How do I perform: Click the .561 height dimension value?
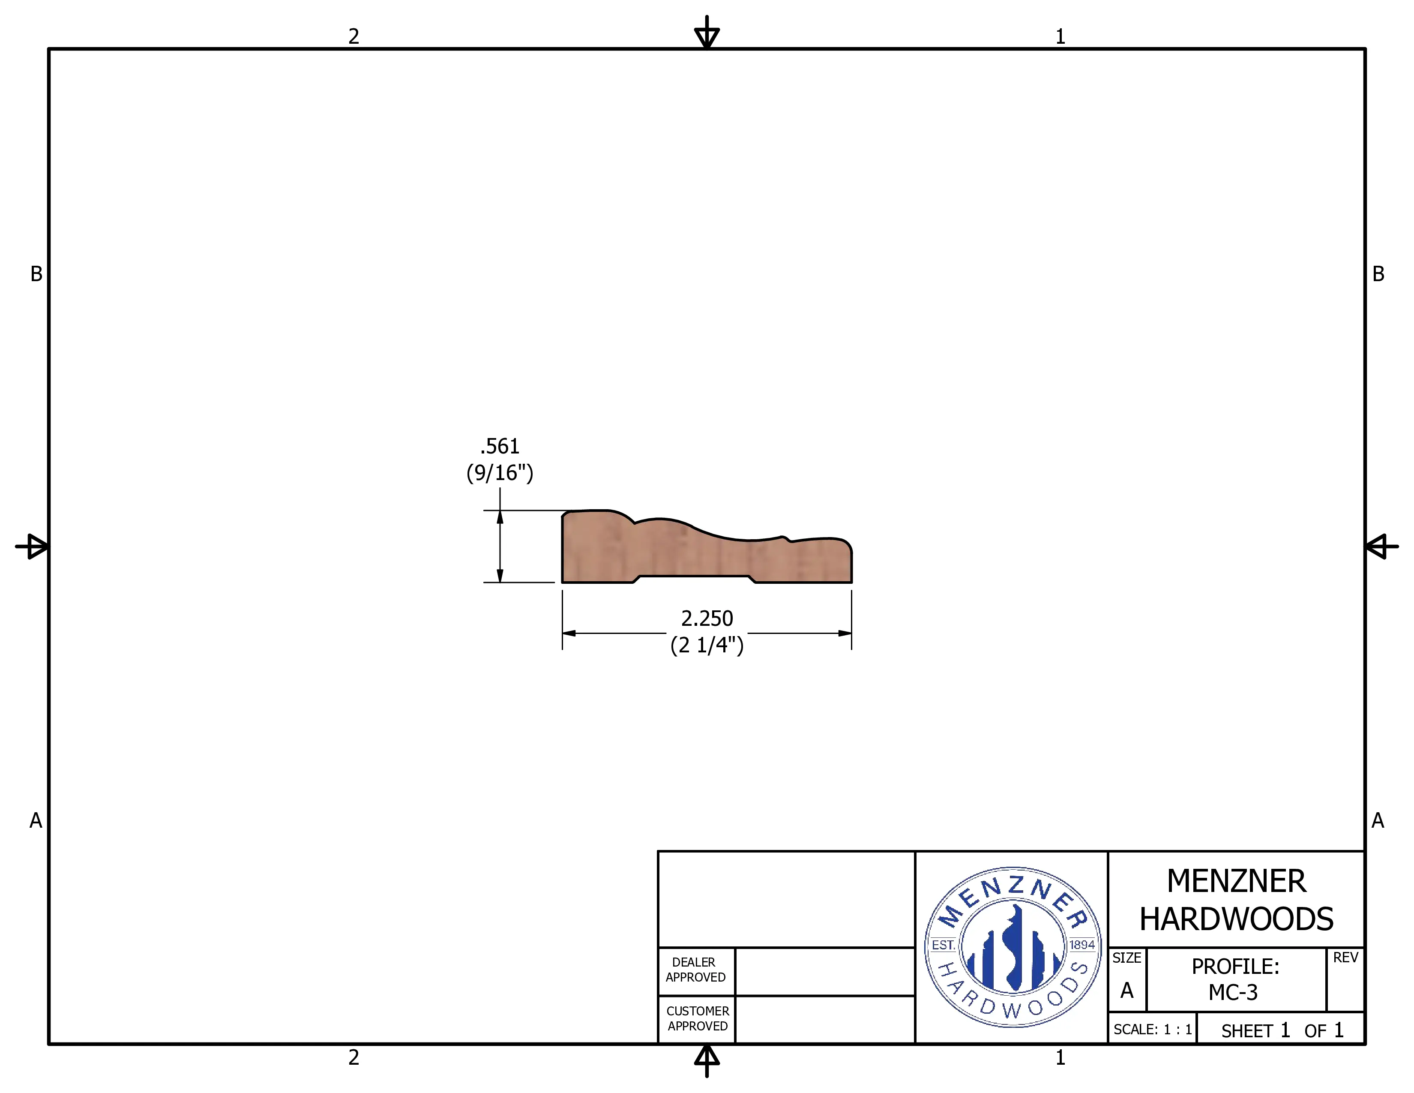coord(500,446)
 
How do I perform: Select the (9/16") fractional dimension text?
coord(500,473)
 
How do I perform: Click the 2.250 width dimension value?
coord(707,619)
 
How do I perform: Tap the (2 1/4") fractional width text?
coord(707,645)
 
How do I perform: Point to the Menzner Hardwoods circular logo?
coord(1013,947)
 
